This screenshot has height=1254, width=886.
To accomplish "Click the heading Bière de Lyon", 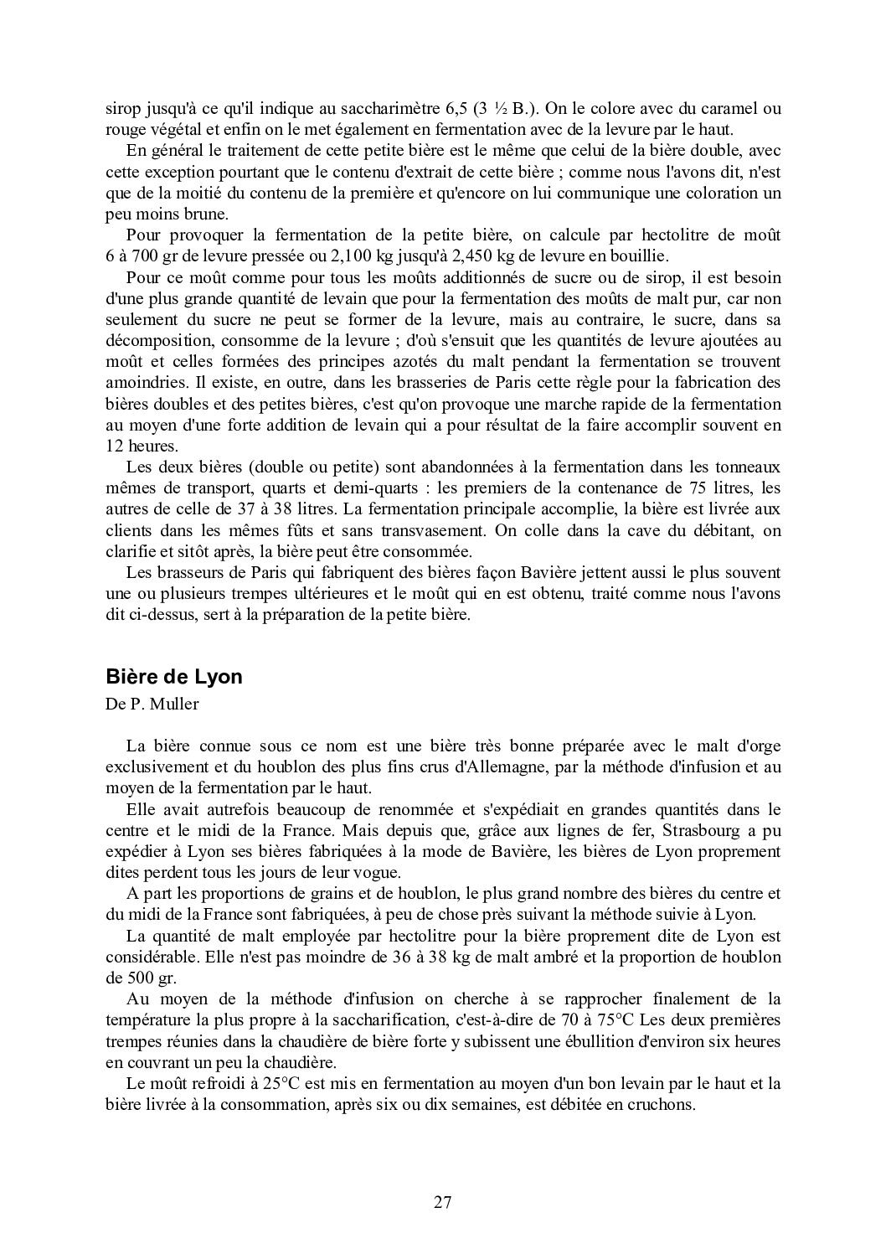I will [x=174, y=677].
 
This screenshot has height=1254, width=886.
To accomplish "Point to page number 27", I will [x=443, y=1203].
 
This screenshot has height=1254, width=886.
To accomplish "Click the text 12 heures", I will [x=142, y=446].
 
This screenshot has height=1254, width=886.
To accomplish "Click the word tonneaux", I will [x=749, y=467].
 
